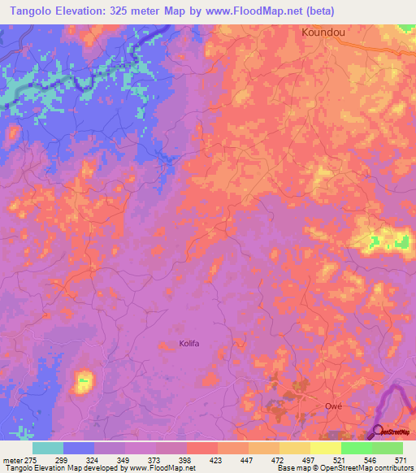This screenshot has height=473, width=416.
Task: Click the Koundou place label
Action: coord(324,33)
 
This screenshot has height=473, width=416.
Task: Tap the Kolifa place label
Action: coord(188,344)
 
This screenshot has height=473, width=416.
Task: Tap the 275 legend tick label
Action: coord(29,461)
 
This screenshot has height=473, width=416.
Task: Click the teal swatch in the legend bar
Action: coord(48,448)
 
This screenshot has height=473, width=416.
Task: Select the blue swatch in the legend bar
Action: coord(79,448)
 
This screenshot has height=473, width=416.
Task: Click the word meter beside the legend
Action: coord(11,461)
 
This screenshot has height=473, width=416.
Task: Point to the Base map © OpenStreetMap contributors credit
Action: coord(344,468)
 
